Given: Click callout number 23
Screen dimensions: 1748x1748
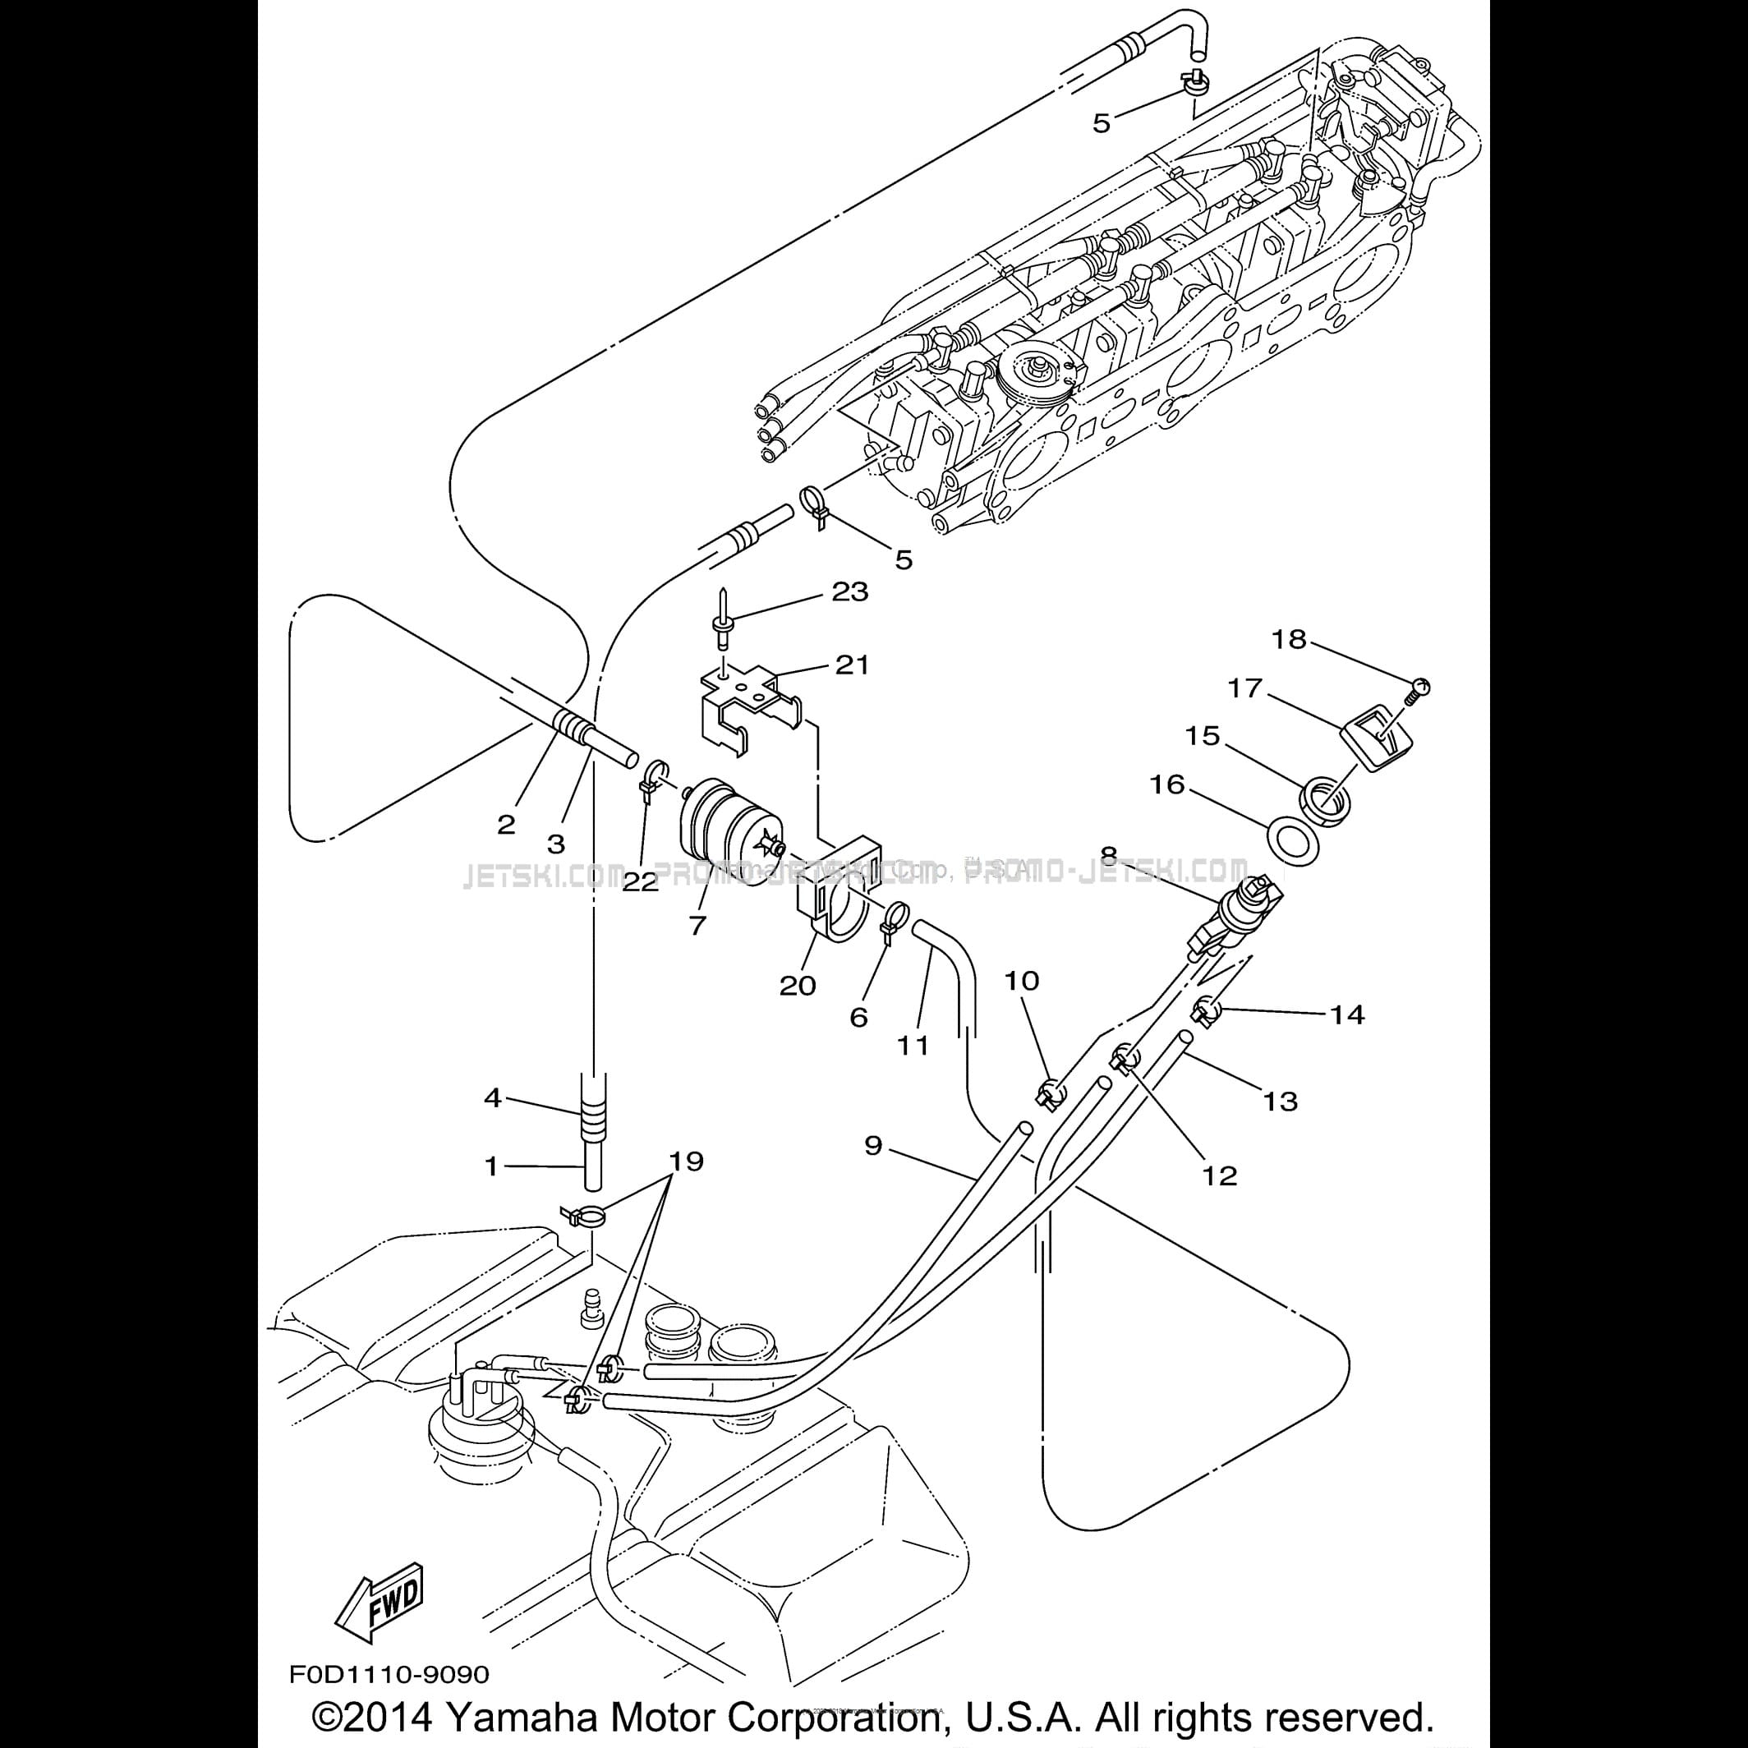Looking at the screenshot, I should pos(849,591).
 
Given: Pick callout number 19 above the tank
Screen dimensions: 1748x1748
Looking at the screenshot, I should pos(686,1161).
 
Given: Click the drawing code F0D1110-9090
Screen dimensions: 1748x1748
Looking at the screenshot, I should pos(389,1675).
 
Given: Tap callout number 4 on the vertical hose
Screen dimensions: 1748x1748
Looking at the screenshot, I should pos(492,1098).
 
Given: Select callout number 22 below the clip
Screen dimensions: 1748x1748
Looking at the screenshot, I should pos(641,882).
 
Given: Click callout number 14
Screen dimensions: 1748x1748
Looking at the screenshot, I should pos(1346,1014).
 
